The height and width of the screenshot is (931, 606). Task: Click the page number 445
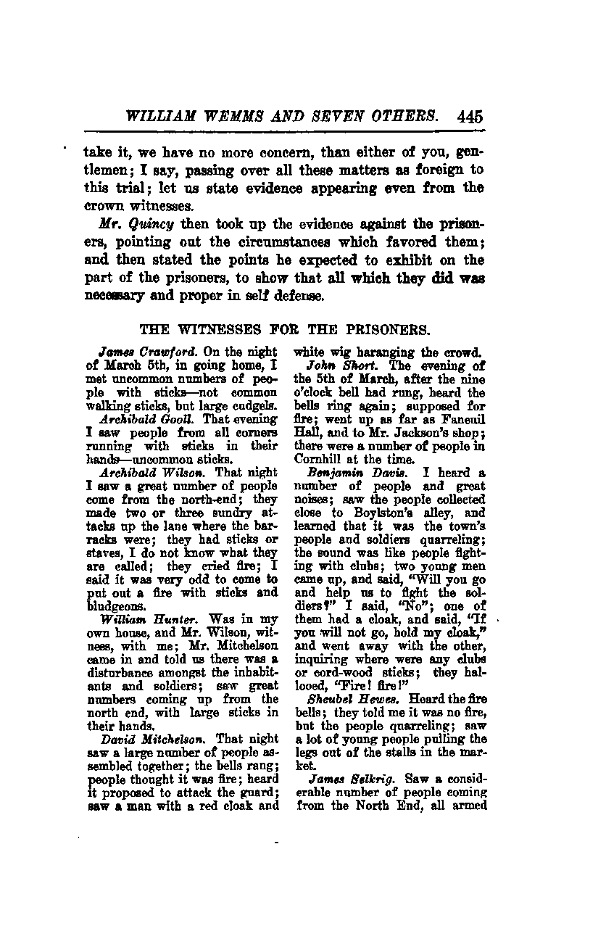470,116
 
